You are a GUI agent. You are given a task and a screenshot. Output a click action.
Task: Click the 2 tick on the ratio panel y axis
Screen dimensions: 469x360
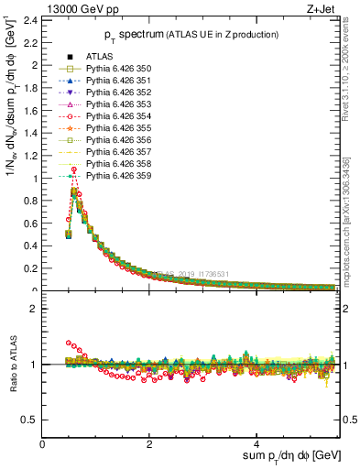pos(34,309)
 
